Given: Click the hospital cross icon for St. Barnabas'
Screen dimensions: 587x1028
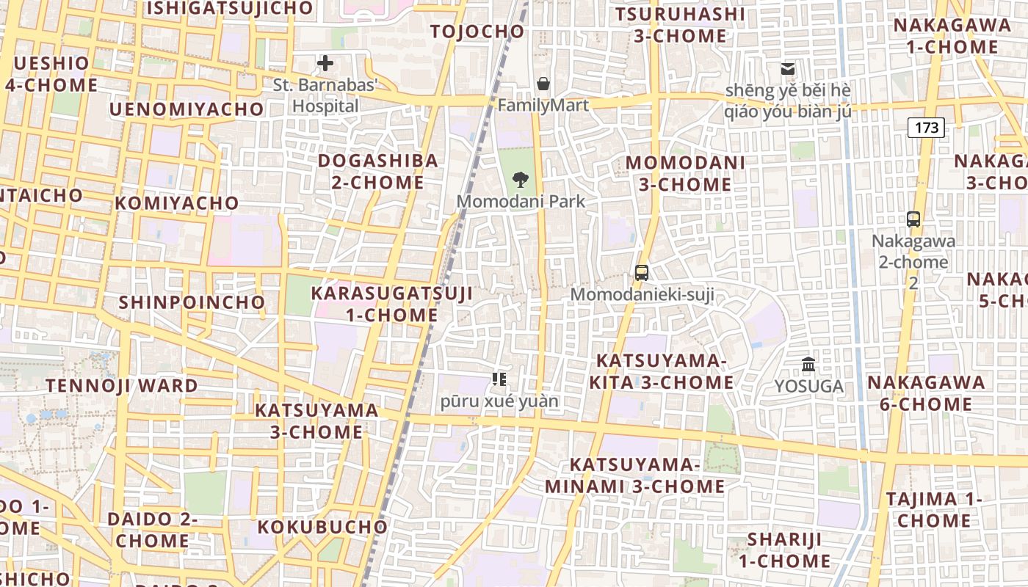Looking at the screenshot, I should click(x=325, y=63).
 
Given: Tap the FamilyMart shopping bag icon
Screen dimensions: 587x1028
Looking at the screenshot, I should click(x=543, y=84).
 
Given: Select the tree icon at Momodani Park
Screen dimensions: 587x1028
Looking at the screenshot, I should click(x=521, y=178).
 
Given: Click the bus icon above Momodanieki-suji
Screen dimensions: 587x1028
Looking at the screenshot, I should click(x=642, y=273).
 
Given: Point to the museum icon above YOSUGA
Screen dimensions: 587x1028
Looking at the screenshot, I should click(x=808, y=364).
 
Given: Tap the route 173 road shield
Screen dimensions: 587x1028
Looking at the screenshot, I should click(x=927, y=128).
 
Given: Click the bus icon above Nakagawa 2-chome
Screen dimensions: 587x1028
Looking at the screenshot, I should click(x=913, y=219).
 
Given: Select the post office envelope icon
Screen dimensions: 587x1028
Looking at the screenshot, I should click(x=788, y=69).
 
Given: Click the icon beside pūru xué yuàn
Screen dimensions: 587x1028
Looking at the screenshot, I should click(x=499, y=379).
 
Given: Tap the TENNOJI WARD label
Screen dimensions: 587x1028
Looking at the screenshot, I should click(x=122, y=385).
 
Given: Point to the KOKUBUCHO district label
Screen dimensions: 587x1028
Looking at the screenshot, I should click(x=322, y=527).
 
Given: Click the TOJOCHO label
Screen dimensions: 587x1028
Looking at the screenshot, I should click(x=477, y=32).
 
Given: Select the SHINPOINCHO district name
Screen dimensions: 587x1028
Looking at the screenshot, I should click(x=192, y=302).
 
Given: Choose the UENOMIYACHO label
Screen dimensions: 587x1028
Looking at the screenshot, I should click(x=187, y=109).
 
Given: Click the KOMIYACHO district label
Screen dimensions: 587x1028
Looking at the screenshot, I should click(x=177, y=203).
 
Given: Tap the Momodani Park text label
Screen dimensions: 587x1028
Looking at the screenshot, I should click(x=521, y=201).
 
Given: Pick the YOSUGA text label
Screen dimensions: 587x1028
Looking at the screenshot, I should click(x=809, y=386).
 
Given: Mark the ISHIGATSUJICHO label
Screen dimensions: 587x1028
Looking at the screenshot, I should click(x=231, y=9).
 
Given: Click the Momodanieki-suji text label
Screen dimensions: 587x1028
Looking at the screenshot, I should click(x=642, y=295).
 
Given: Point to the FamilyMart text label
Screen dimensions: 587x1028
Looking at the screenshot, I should click(x=543, y=106).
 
